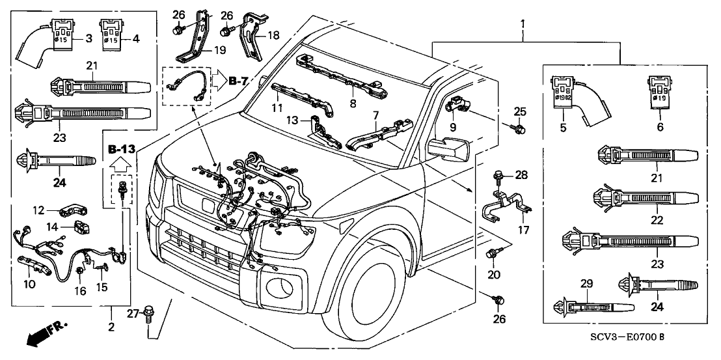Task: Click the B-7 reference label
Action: [x=239, y=81]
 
